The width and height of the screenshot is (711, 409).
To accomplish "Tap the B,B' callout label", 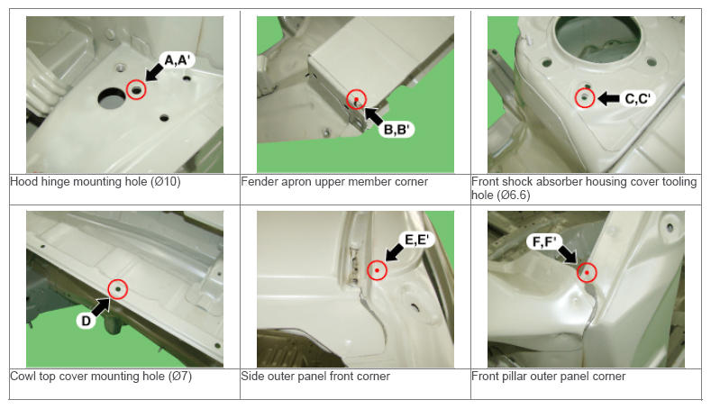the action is point(397,130).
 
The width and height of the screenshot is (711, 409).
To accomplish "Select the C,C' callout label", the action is point(637,99).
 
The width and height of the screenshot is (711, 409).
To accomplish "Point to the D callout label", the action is point(86,321).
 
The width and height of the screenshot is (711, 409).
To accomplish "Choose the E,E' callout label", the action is point(416,240).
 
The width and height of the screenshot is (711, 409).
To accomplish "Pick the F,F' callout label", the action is point(544,242).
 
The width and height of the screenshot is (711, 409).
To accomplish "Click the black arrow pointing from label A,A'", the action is point(155,72).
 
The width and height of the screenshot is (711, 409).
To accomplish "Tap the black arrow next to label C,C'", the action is point(608,98).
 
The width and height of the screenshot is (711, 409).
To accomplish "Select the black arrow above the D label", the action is point(101,306).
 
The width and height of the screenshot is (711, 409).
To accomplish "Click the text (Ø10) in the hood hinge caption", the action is point(166,182).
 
